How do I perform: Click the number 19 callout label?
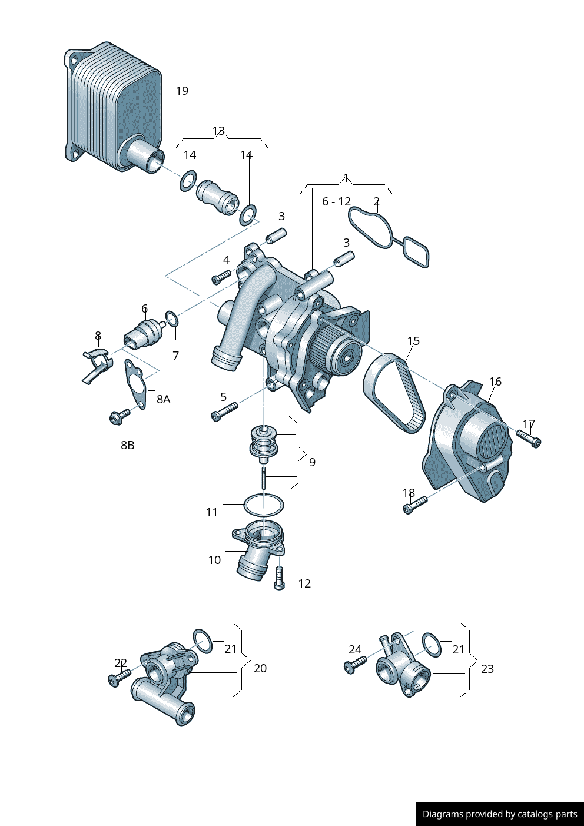pyautogui.click(x=182, y=91)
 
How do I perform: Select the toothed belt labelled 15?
pyautogui.click(x=394, y=392)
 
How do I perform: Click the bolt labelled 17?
pyautogui.click(x=529, y=439)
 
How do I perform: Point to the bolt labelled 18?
pyautogui.click(x=415, y=505)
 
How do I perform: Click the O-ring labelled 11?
pyautogui.click(x=264, y=505)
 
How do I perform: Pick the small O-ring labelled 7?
pyautogui.click(x=172, y=319)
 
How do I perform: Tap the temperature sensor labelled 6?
pyautogui.click(x=144, y=334)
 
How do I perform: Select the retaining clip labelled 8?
pyautogui.click(x=95, y=364)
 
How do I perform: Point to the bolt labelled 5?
pyautogui.click(x=224, y=412)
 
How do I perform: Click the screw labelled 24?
pyautogui.click(x=356, y=665)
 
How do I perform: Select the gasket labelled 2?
pyautogui.click(x=389, y=235)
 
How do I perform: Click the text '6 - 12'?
pyautogui.click(x=336, y=202)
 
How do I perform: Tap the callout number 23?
pyautogui.click(x=487, y=669)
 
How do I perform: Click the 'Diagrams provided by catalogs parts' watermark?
pyautogui.click(x=500, y=814)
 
